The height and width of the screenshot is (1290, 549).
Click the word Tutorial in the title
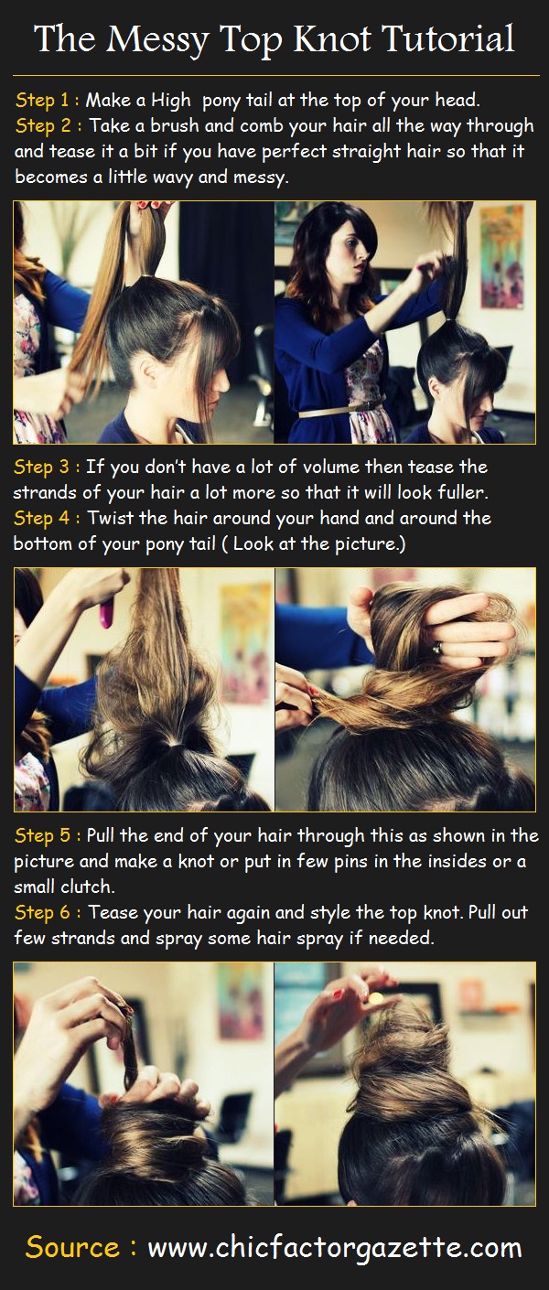pos(448,39)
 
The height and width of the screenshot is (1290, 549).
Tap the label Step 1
pos(46,100)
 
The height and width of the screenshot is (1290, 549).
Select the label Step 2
pos(46,125)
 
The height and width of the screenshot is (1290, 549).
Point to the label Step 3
pos(46,468)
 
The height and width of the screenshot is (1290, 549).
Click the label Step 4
pos(46,519)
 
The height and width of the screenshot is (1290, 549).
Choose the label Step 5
pos(46,836)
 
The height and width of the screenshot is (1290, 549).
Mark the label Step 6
pos(46,913)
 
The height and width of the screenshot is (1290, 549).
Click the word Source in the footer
pos(72,1247)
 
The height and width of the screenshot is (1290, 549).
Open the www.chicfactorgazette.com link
pos(334,1247)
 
